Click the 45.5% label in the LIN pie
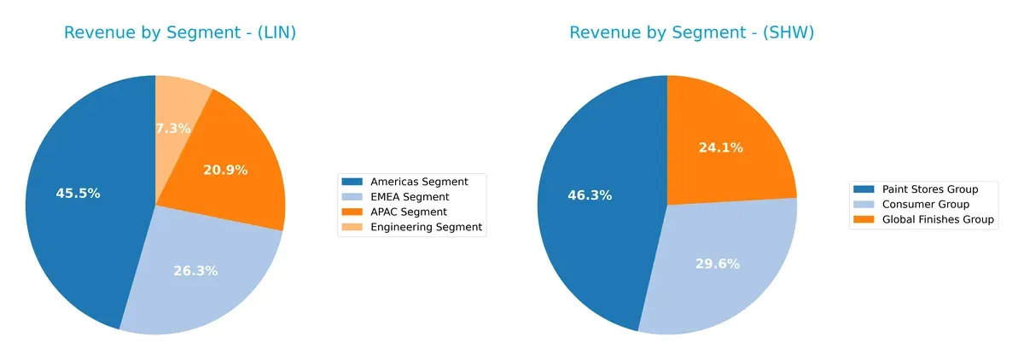(x=78, y=194)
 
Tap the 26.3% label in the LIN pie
(x=195, y=271)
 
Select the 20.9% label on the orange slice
(x=225, y=170)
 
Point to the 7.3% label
(x=173, y=128)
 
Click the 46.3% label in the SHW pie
(x=590, y=195)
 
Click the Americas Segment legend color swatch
(x=352, y=182)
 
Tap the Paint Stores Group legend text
(x=930, y=189)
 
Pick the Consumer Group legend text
(x=924, y=205)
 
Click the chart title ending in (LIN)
(x=180, y=33)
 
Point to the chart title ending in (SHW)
(x=692, y=33)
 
